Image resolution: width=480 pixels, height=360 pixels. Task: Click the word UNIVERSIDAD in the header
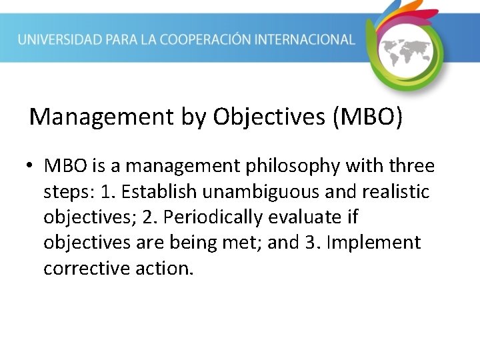coord(60,39)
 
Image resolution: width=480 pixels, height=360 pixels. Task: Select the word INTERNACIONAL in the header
coord(311,39)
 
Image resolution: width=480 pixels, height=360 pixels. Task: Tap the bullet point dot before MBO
coord(31,165)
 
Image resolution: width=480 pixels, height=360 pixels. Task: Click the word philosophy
coord(296,165)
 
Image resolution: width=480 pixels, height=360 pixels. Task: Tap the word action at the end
coord(167,269)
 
